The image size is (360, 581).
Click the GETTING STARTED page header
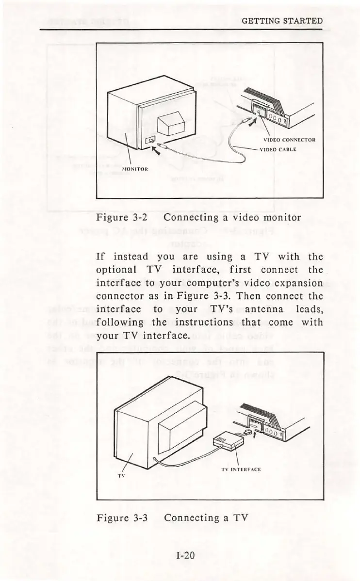pos(282,21)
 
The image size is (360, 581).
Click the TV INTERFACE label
pos(241,469)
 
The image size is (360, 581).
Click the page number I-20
pos(185,555)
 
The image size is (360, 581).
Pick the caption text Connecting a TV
pos(207,517)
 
